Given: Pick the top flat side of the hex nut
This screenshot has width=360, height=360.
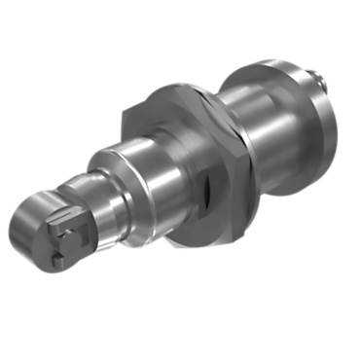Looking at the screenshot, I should (165, 92).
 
